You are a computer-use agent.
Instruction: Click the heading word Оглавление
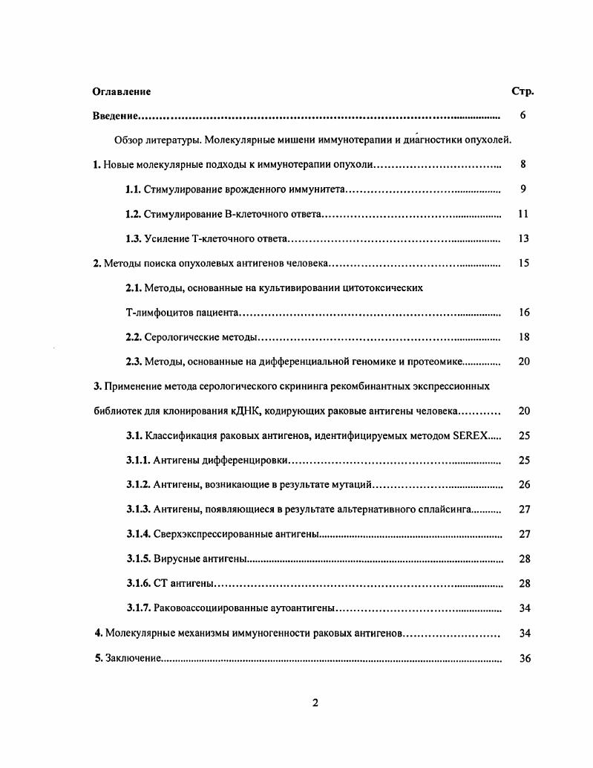(x=122, y=91)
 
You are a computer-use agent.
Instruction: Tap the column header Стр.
(x=522, y=91)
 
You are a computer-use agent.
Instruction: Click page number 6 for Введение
(x=523, y=116)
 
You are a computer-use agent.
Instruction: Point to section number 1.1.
(x=134, y=189)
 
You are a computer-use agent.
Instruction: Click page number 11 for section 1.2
(x=523, y=214)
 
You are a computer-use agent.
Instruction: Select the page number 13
(x=523, y=238)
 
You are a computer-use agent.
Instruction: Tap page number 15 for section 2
(x=523, y=263)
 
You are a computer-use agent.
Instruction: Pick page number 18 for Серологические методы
(x=523, y=337)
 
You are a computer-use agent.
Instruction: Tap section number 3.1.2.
(x=139, y=485)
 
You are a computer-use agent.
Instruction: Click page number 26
(x=524, y=485)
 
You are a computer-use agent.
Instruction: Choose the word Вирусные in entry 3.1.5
(x=175, y=559)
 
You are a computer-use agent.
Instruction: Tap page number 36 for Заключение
(x=524, y=658)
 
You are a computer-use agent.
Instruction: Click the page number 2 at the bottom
(x=315, y=703)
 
